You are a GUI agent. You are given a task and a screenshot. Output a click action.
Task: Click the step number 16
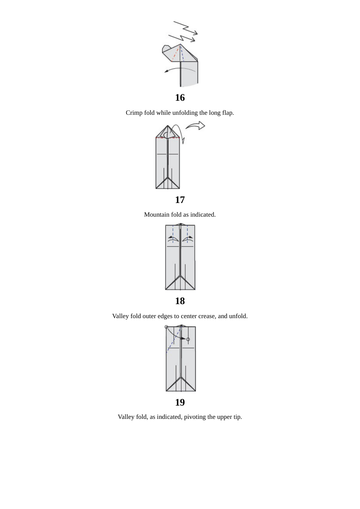180,98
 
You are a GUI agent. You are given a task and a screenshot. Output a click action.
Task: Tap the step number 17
180,200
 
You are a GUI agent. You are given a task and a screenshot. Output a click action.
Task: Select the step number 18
180,301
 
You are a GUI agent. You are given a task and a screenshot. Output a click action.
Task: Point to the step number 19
180,403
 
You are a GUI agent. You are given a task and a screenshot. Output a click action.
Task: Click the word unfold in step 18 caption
238,316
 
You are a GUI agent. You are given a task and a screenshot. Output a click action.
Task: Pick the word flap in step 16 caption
227,113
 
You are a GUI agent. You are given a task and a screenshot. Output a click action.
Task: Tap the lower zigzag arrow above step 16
183,38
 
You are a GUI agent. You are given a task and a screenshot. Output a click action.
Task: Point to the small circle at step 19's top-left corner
166,327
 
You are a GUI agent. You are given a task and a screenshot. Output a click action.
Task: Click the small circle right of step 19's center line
188,339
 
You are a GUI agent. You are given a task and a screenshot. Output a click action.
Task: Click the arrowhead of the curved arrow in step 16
166,71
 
